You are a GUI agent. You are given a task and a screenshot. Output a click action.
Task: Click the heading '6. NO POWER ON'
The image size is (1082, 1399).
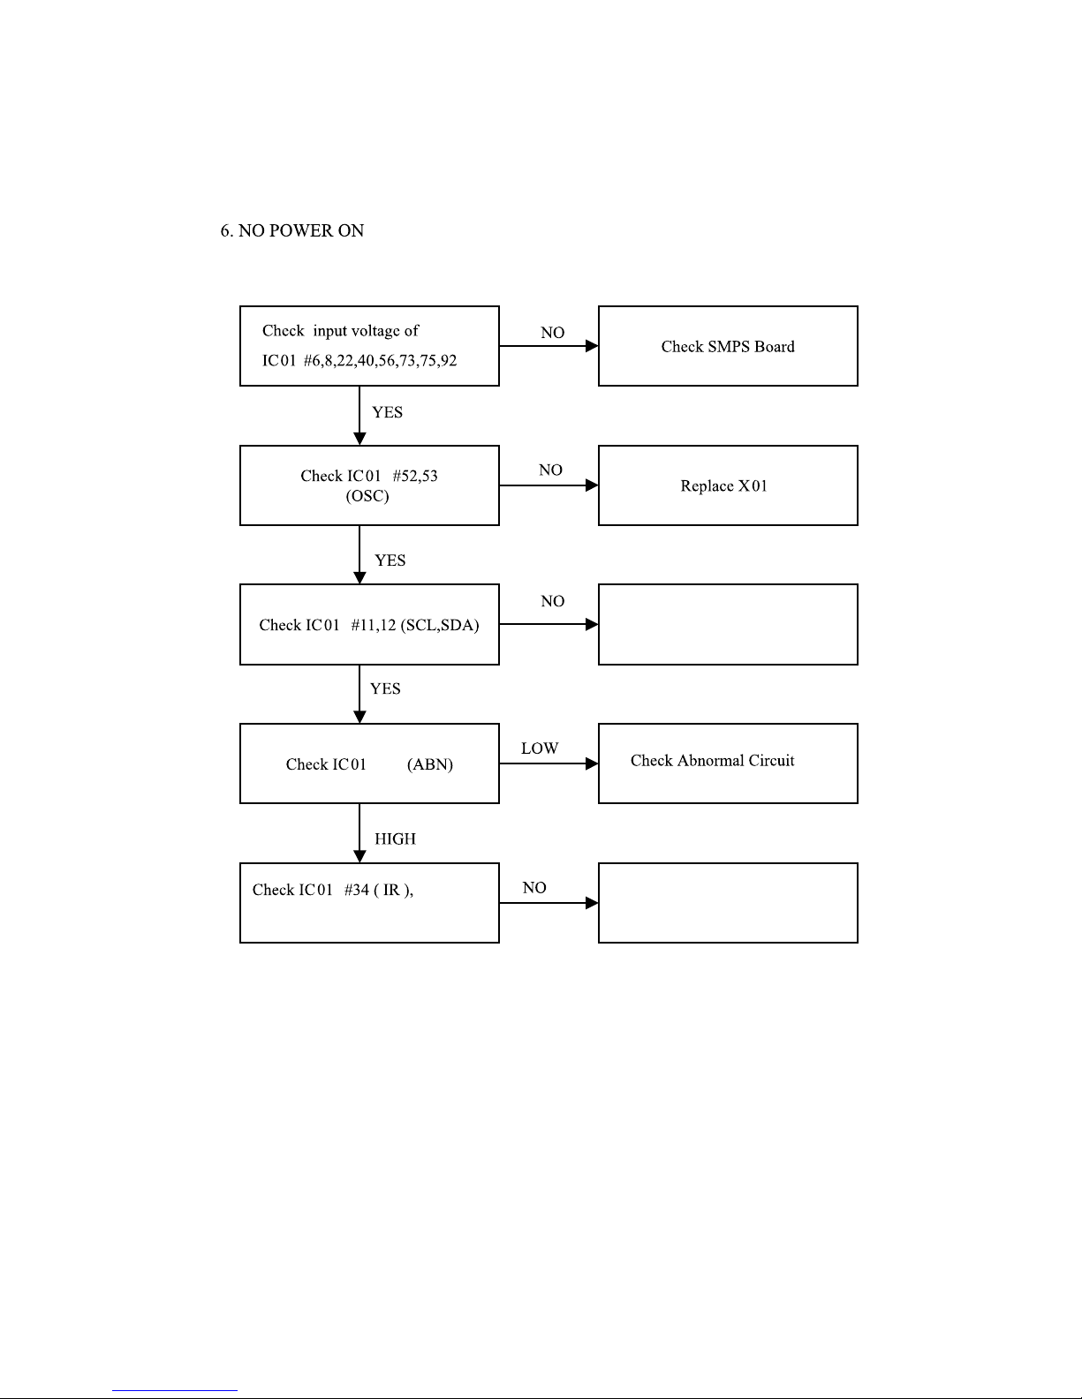[291, 230]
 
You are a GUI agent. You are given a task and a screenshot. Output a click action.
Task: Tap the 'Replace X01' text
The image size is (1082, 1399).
[724, 485]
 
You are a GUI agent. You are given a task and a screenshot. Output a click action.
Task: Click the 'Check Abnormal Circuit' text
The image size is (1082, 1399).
[712, 760]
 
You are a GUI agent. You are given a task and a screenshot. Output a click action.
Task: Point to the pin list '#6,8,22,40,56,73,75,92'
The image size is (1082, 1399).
[380, 360]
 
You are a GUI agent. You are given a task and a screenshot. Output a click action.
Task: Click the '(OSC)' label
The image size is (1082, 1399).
[367, 496]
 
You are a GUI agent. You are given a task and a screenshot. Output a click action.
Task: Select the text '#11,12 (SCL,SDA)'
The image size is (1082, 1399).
[415, 625]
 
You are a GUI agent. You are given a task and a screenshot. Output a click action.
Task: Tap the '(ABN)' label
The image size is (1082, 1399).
[429, 764]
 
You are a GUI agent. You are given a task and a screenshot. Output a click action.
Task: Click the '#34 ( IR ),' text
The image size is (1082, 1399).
[379, 890]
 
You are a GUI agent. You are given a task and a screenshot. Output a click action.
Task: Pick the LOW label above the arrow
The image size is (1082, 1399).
[540, 748]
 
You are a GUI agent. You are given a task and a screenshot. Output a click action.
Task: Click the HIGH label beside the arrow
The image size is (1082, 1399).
[396, 839]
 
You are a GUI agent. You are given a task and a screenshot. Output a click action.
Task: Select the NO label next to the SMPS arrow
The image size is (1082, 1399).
[553, 333]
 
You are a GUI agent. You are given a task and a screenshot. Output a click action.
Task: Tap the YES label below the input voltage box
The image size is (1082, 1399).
[387, 412]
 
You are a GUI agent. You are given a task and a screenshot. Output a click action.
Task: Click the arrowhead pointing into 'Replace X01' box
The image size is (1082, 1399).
[592, 485]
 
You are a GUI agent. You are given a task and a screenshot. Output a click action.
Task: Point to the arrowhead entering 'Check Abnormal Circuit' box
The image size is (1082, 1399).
[592, 763]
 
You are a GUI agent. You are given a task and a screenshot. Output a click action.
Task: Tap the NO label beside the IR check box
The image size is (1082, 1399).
[534, 888]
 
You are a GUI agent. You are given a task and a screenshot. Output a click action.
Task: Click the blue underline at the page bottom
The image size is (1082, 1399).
[175, 1391]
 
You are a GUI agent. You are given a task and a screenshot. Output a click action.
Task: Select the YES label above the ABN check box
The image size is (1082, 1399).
[385, 688]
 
